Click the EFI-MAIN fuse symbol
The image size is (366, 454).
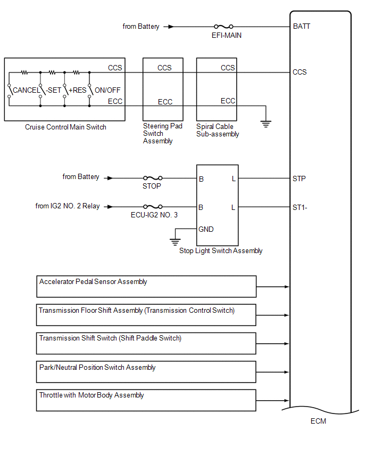coord(223,26)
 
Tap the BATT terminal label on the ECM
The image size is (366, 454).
coord(302,26)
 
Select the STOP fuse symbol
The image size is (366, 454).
coord(153,179)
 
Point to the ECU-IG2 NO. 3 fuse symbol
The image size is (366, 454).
coord(153,207)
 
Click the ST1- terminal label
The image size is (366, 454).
coord(300,207)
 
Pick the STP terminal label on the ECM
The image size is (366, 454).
coord(299,179)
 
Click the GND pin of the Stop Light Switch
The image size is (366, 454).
coord(206,229)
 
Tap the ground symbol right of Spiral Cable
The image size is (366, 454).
coord(265,124)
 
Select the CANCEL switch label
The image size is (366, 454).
coord(26,91)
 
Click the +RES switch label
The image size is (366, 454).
coord(77,91)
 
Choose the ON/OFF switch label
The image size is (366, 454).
coord(107,91)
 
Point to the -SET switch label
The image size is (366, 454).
coord(53,91)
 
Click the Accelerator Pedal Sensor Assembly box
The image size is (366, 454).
coord(147,286)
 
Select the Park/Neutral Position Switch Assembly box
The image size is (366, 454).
coord(146,372)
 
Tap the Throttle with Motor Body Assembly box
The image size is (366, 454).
coord(146,400)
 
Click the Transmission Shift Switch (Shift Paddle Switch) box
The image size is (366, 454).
coord(146,343)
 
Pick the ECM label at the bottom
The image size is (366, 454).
coord(318,421)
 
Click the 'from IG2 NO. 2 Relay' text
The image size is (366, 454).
coord(68,206)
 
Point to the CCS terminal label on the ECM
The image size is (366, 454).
coord(300,72)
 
